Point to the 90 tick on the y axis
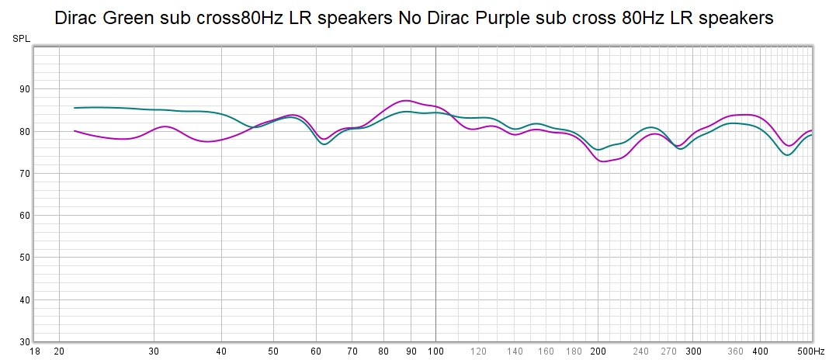(24, 89)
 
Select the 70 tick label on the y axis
(24, 173)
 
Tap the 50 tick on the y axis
(24, 258)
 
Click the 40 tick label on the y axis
(24, 299)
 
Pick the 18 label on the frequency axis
(34, 351)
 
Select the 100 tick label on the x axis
(435, 351)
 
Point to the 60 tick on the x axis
(316, 351)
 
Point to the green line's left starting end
(75, 108)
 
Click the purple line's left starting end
(75, 131)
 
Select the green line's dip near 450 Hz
(787, 155)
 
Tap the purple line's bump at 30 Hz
(165, 126)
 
